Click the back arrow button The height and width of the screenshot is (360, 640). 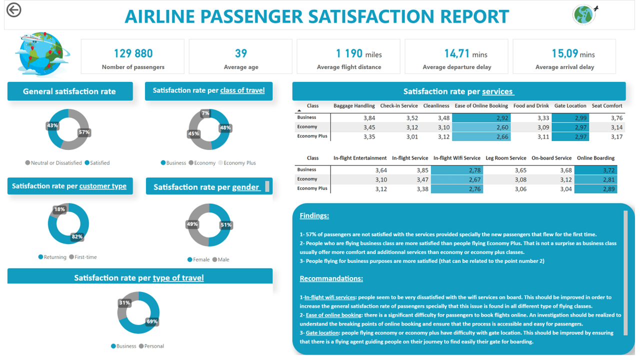14,9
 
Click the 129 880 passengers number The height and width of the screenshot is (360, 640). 133,53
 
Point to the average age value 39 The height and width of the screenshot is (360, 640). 241,53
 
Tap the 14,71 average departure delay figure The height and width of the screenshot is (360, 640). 457,53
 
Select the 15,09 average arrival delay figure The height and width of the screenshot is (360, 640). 565,53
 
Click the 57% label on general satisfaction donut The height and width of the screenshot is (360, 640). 84,132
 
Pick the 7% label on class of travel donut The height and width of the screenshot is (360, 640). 205,113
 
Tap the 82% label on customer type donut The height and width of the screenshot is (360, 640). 77,236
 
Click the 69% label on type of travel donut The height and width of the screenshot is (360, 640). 152,321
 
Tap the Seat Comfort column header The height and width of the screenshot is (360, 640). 607,105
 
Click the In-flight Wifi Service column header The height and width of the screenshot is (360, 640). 456,158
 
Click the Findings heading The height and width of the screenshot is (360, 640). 314,216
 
